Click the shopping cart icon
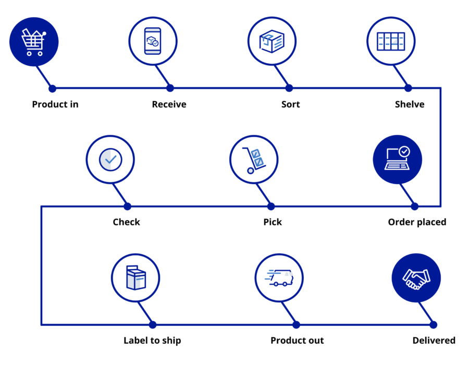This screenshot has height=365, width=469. tap(34, 41)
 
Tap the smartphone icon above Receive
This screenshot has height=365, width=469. tap(153, 41)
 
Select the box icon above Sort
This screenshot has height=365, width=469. tap(271, 41)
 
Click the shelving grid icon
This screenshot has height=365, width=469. tap(390, 41)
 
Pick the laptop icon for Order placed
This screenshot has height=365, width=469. tap(397, 160)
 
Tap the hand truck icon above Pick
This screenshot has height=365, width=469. tap(254, 160)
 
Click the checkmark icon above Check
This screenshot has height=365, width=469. tap(110, 160)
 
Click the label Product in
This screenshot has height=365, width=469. tap(55, 104)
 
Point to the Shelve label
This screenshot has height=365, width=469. tap(410, 104)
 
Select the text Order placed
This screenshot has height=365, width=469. tap(417, 222)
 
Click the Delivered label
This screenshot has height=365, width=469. tap(434, 340)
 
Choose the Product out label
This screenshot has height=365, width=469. tap(297, 340)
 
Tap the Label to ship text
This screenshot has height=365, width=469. tap(152, 340)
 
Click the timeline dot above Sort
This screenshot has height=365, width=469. tap(289, 88)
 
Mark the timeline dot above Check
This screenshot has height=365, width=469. tap(128, 206)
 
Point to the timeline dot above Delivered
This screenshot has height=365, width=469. tap(434, 325)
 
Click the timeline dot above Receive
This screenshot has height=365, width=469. tap(170, 88)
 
